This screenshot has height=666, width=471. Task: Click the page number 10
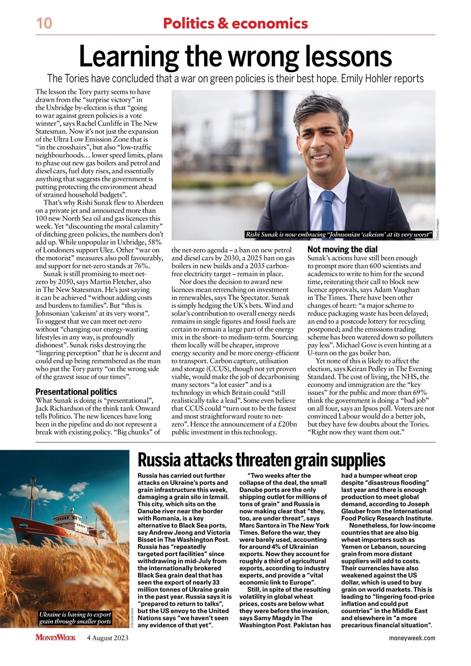pyautogui.click(x=43, y=23)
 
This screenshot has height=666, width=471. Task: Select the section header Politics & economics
pyautogui.click(x=235, y=23)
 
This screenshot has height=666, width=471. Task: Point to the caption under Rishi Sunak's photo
pyautogui.click(x=339, y=235)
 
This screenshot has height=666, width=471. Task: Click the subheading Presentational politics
pyautogui.click(x=76, y=392)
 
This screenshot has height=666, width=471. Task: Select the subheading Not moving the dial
pyautogui.click(x=342, y=249)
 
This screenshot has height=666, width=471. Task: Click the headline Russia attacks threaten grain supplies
pyautogui.click(x=261, y=460)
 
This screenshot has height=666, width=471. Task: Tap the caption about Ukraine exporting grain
pyautogui.click(x=75, y=618)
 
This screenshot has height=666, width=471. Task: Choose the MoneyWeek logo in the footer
pyautogui.click(x=56, y=637)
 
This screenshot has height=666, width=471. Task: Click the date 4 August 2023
pyautogui.click(x=108, y=638)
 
